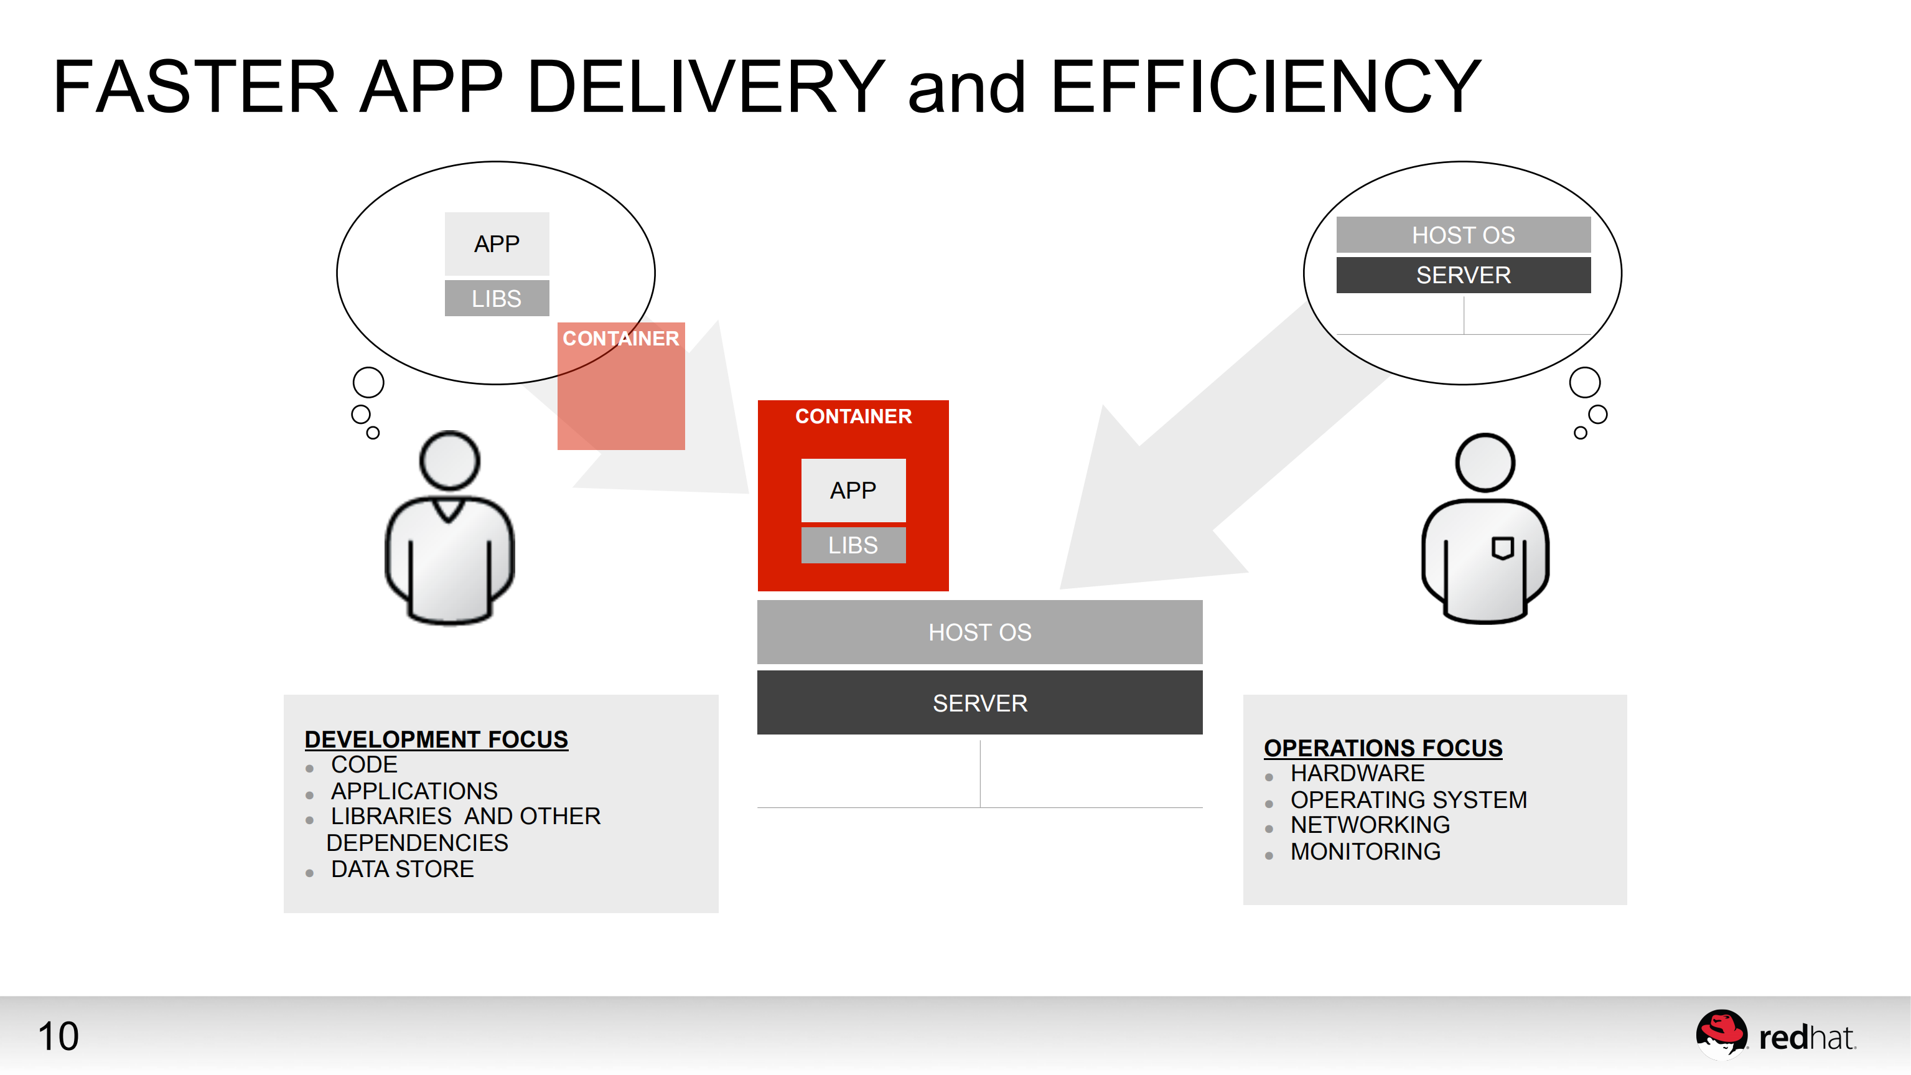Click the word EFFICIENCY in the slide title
coord(1266,88)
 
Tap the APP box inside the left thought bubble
coord(497,243)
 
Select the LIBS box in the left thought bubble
coord(497,298)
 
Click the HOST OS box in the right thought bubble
coord(1462,235)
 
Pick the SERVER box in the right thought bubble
coord(1462,275)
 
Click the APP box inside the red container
coord(853,491)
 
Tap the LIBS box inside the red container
coord(853,545)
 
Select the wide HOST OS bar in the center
coord(979,632)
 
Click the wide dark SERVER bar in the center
coord(979,703)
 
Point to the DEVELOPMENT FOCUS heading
coord(436,739)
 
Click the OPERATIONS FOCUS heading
coord(1383,748)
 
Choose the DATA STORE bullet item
coord(402,869)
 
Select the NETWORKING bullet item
coord(1370,824)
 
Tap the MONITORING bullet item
coord(1365,851)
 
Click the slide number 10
coord(58,1036)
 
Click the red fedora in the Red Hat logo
coord(1721,1029)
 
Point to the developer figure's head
coord(449,460)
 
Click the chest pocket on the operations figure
coord(1502,548)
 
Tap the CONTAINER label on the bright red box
coord(853,416)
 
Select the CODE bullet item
coord(363,764)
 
